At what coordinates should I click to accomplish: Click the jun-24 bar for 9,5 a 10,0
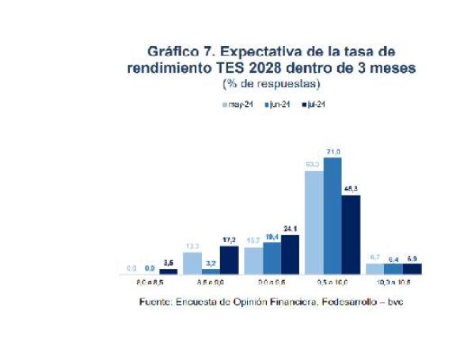click(332, 215)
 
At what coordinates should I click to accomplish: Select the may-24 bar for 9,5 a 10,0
click(314, 222)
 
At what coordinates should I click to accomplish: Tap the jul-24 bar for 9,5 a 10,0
click(351, 234)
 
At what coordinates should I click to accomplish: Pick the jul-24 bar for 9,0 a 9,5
click(291, 254)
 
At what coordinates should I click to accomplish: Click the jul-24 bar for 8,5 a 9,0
click(230, 260)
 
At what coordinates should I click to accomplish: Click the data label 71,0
click(332, 152)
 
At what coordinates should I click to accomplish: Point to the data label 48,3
click(351, 189)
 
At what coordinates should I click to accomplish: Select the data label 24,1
click(291, 229)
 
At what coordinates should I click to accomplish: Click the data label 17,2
click(230, 240)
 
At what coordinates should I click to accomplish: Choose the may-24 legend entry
click(237, 104)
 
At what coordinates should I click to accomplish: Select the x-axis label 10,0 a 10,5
click(393, 282)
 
